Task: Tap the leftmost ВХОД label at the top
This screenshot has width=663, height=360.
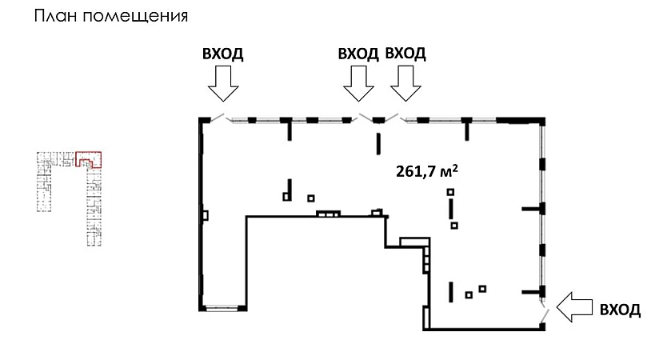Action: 222,54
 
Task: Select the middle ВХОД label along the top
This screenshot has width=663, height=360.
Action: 358,54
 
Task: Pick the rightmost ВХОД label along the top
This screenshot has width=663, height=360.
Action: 405,54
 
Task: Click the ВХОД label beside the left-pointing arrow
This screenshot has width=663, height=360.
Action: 620,310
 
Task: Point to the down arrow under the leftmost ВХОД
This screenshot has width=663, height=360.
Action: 221,82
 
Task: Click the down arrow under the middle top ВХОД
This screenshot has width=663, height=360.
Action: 358,82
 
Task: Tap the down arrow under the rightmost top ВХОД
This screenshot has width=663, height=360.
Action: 405,82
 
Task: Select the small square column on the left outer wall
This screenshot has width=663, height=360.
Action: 206,215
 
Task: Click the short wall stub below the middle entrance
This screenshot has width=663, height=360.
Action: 377,142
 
